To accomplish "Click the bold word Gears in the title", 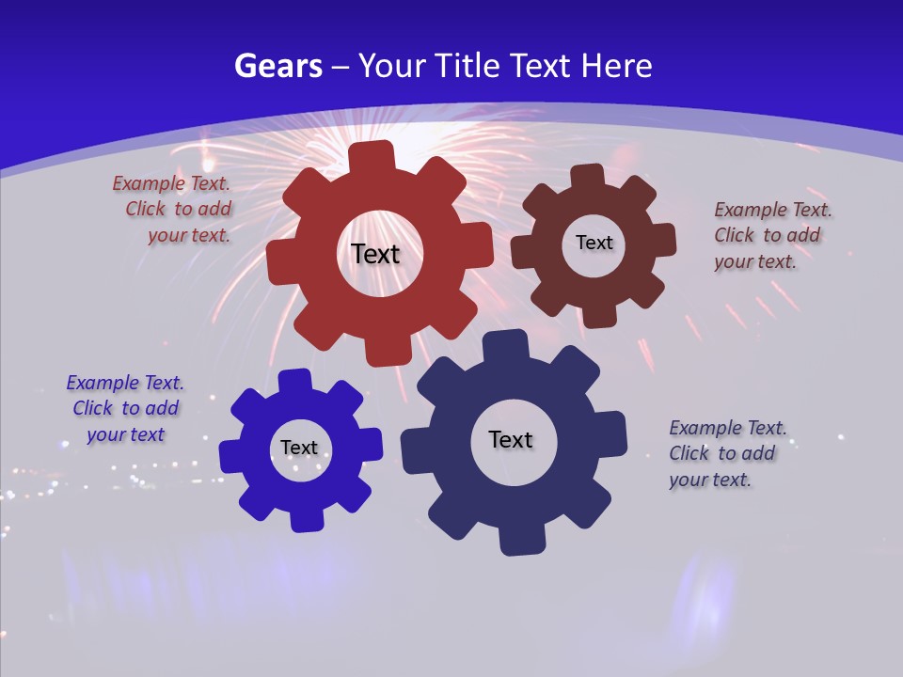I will pyautogui.click(x=277, y=66).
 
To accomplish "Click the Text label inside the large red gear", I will pyautogui.click(x=375, y=254).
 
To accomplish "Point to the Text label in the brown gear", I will pyautogui.click(x=594, y=243).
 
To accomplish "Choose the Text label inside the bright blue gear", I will pyautogui.click(x=299, y=448).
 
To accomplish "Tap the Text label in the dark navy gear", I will pyautogui.click(x=511, y=439).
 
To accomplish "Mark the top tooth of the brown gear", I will pyautogui.click(x=587, y=176).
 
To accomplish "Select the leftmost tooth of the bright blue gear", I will pyautogui.click(x=232, y=457).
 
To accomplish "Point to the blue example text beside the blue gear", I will pyautogui.click(x=125, y=408).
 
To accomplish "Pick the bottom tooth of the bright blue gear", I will pyautogui.click(x=307, y=519).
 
